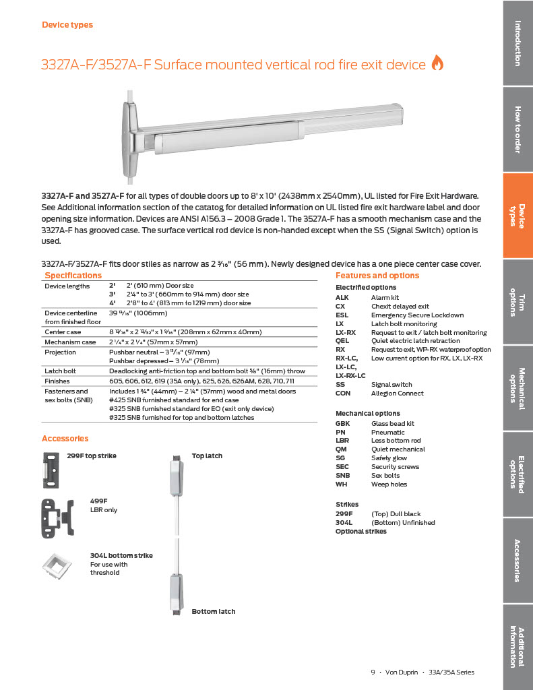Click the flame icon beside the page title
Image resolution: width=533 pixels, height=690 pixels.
437,63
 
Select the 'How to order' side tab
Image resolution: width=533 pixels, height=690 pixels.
518,129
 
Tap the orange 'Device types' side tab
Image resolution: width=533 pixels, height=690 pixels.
518,216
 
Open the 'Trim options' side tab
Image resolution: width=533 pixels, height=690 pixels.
518,302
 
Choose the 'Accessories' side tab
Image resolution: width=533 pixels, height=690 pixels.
518,561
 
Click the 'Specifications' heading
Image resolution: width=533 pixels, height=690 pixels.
73,276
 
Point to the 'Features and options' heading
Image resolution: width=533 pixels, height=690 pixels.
377,276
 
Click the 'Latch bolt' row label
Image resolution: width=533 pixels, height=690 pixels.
60,371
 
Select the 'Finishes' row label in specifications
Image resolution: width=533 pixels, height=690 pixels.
57,381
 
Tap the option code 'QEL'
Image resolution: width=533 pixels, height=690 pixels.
342,341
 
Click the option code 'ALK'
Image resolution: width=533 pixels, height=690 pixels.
342,297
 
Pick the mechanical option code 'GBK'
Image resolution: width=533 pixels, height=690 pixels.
342,424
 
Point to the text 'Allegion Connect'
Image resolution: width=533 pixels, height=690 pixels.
397,394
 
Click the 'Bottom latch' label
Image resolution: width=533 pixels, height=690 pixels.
214,612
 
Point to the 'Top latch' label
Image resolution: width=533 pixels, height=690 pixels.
207,456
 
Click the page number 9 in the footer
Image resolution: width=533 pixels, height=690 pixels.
373,672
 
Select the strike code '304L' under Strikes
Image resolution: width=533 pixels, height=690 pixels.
344,522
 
